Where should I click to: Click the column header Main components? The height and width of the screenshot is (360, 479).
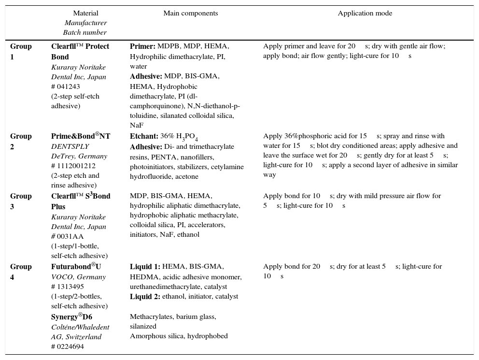(190, 14)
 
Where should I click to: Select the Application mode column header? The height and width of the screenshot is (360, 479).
(365, 14)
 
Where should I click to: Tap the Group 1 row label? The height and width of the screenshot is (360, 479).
(21, 51)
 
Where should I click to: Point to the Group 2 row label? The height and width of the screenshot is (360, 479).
(21, 141)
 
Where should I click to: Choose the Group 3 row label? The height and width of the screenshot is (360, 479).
(21, 201)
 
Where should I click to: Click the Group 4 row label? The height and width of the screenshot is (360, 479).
(21, 272)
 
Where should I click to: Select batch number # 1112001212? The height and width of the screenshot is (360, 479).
(74, 166)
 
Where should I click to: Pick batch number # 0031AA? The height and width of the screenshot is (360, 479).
(67, 236)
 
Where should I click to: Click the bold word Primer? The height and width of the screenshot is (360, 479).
(142, 46)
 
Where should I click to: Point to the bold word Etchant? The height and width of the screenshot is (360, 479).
(144, 136)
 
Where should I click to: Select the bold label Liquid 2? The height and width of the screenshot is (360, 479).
(145, 296)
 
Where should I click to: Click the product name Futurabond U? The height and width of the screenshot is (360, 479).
(76, 266)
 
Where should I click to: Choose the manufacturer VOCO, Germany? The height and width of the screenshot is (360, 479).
(78, 277)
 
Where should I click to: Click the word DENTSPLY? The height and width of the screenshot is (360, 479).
(70, 146)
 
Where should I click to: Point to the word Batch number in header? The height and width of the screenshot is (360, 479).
(85, 32)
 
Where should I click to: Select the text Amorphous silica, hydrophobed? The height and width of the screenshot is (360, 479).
(179, 336)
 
